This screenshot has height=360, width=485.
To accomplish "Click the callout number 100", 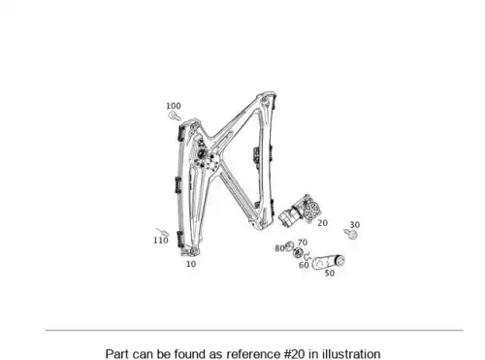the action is (x=174, y=106).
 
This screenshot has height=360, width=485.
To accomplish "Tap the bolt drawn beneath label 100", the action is (x=175, y=115).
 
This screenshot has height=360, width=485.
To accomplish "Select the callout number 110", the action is (x=161, y=241).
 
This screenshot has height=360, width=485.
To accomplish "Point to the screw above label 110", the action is (x=163, y=232).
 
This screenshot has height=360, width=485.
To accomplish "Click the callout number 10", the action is (x=191, y=264).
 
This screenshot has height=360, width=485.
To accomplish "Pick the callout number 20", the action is (x=322, y=223).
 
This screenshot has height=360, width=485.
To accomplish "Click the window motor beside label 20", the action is (x=301, y=211).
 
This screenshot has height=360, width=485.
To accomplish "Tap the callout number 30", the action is (x=355, y=225).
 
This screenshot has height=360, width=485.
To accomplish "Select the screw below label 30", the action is (x=351, y=234).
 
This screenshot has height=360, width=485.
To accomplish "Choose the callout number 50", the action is (x=329, y=273).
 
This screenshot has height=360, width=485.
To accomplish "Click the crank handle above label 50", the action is (x=328, y=261).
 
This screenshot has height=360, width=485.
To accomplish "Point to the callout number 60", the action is (x=304, y=265).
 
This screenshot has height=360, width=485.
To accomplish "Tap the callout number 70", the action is (x=303, y=243).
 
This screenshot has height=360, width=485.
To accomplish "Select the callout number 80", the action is (x=279, y=248).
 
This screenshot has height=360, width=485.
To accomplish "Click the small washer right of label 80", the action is (x=289, y=245).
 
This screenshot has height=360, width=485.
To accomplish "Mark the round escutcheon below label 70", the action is (x=298, y=252).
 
